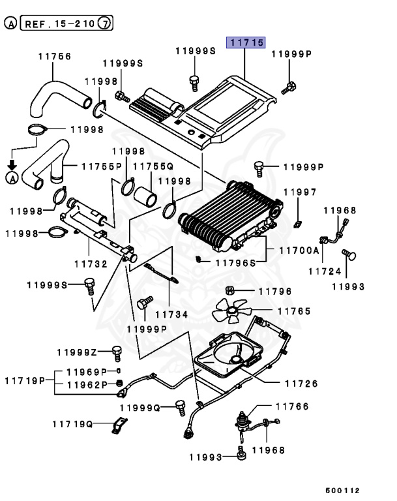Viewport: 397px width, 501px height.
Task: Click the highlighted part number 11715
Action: pyautogui.click(x=245, y=43)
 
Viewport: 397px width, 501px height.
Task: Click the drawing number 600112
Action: pyautogui.click(x=342, y=490)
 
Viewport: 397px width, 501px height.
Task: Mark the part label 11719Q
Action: pyautogui.click(x=72, y=423)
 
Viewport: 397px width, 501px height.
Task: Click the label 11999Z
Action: pyautogui.click(x=76, y=352)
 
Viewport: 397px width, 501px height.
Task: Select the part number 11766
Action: pyautogui.click(x=291, y=406)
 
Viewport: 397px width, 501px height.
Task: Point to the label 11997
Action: pyautogui.click(x=299, y=192)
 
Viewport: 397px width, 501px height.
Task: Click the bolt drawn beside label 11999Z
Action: pyautogui.click(x=117, y=353)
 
